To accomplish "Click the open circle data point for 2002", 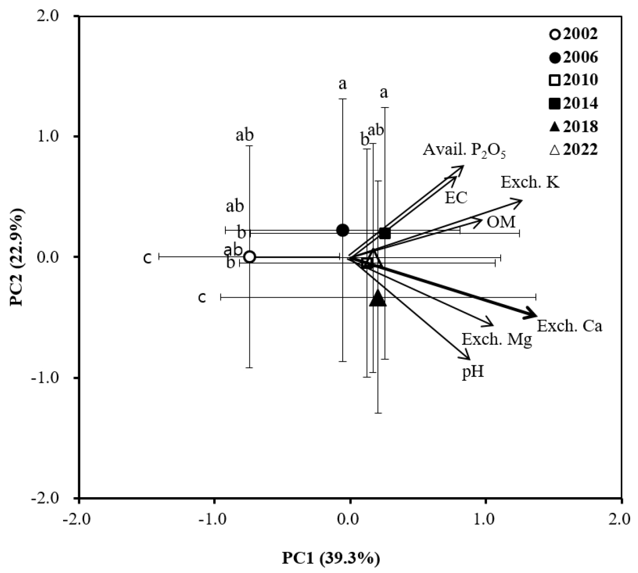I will pos(249,257).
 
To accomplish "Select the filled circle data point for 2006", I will pos(343,230).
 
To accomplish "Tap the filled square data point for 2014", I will pos(385,233).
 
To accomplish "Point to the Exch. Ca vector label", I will pos(570,326).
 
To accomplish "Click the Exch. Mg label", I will pos(497,339).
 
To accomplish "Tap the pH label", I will pos(473,373).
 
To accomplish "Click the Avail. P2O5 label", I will pos(464,151).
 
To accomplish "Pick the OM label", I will pos(501,222).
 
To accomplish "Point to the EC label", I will pos(456,198).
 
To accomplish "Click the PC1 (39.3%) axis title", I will pos(331,558).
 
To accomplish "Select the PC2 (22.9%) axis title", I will pos(19,257).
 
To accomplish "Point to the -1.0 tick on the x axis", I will pos(214,515).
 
